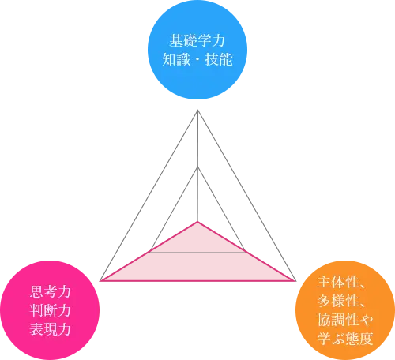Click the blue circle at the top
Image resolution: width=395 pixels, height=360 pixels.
[x=197, y=50]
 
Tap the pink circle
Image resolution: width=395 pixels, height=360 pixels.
[x=50, y=310]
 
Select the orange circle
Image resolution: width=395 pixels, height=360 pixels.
[x=345, y=310]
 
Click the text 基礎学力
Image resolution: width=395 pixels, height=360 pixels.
[x=197, y=40]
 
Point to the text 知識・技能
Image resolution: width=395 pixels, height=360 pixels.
[x=197, y=59]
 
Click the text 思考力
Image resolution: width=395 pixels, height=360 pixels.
[x=50, y=291]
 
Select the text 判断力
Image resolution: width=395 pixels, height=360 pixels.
[x=50, y=310]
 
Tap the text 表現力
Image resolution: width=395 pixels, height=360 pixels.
[x=50, y=329]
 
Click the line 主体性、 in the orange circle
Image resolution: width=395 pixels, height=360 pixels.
[x=341, y=282]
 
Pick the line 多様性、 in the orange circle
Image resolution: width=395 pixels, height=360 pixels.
[x=341, y=301]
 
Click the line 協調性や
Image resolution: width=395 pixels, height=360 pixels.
[x=345, y=320]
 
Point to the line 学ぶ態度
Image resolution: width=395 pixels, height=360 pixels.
[x=345, y=339]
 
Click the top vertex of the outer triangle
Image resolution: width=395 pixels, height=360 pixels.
[x=197, y=110]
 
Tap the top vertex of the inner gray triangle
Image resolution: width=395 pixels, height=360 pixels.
[x=197, y=167]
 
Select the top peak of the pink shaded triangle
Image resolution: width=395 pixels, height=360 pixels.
[x=197, y=222]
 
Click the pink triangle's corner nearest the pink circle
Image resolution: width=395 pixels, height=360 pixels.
[x=101, y=281]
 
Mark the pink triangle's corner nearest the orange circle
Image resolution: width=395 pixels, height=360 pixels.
[x=295, y=281]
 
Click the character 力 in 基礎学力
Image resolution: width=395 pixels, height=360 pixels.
[x=218, y=40]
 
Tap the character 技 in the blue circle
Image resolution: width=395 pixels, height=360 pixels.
[x=212, y=59]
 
